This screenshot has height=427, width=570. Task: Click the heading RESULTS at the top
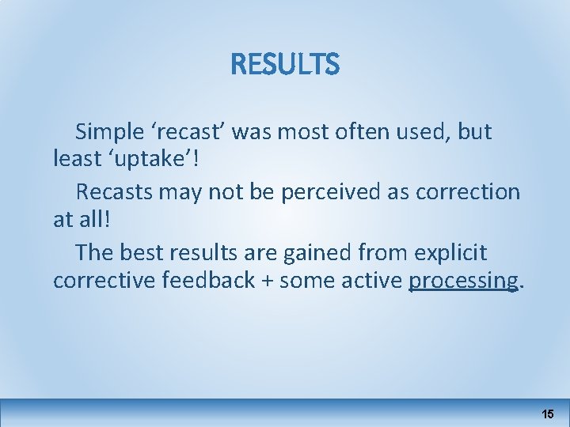[x=285, y=64]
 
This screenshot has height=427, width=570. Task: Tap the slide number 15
[x=548, y=414]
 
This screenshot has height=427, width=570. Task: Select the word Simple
[x=112, y=132]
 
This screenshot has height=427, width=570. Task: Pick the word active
[x=368, y=280]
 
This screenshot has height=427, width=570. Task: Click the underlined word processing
[x=463, y=281]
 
